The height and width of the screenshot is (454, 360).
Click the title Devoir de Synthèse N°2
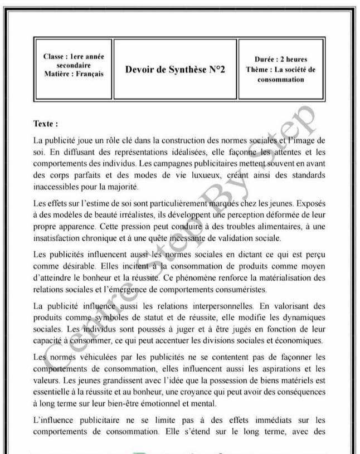pyautogui.click(x=175, y=70)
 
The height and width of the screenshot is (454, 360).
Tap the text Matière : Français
pyautogui.click(x=73, y=74)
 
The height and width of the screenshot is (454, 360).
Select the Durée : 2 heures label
pyautogui.click(x=280, y=60)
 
